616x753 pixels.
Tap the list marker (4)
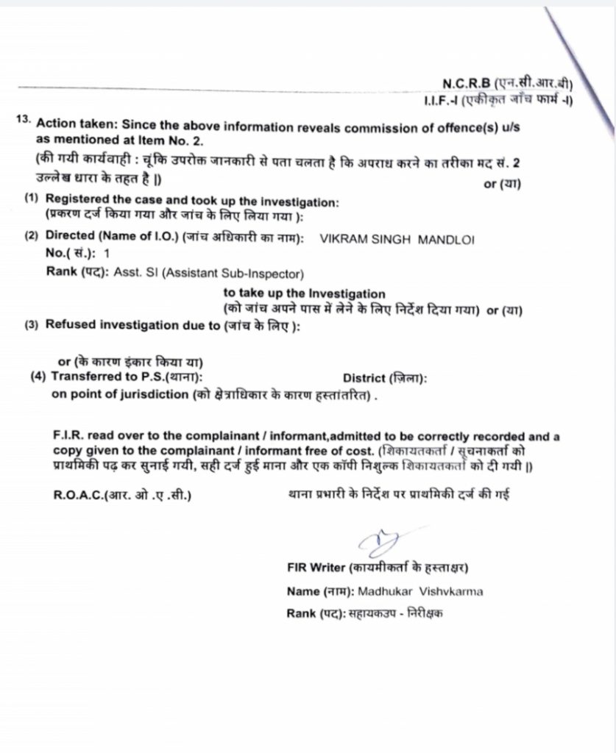pos(38,377)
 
